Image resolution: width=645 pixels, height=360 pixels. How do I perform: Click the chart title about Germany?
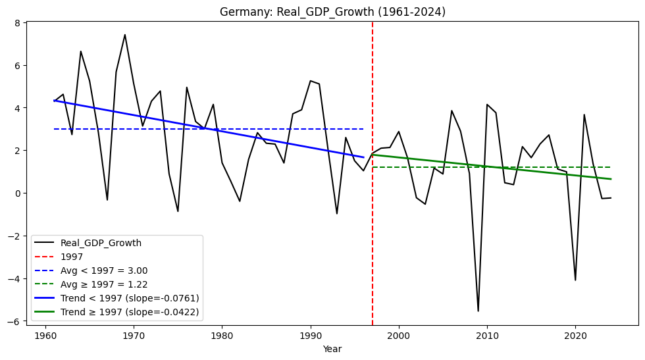332,12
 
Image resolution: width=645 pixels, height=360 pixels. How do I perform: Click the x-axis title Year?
332,349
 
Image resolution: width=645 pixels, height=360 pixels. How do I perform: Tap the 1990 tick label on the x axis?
310,335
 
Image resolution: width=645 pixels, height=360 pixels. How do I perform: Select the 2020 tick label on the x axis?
575,335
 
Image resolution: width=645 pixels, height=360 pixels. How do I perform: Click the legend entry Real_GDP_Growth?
101,243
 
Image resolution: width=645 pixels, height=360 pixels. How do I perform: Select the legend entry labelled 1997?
72,257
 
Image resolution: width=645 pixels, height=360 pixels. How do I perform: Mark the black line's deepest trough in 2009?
478,311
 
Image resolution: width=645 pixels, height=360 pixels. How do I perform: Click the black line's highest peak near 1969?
125,35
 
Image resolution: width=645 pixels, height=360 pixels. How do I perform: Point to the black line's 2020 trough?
575,280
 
